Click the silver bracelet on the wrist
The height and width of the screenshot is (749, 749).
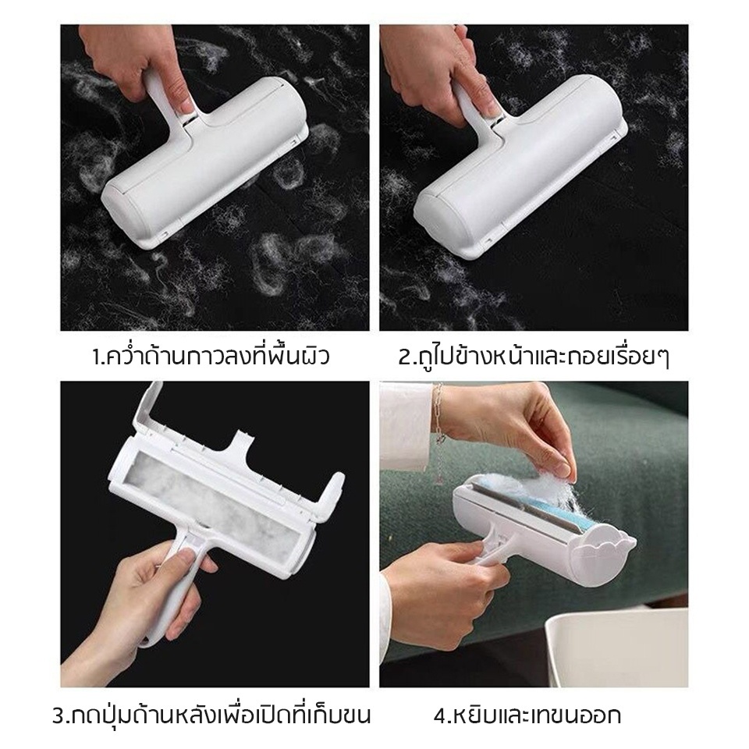[x=438, y=425]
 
